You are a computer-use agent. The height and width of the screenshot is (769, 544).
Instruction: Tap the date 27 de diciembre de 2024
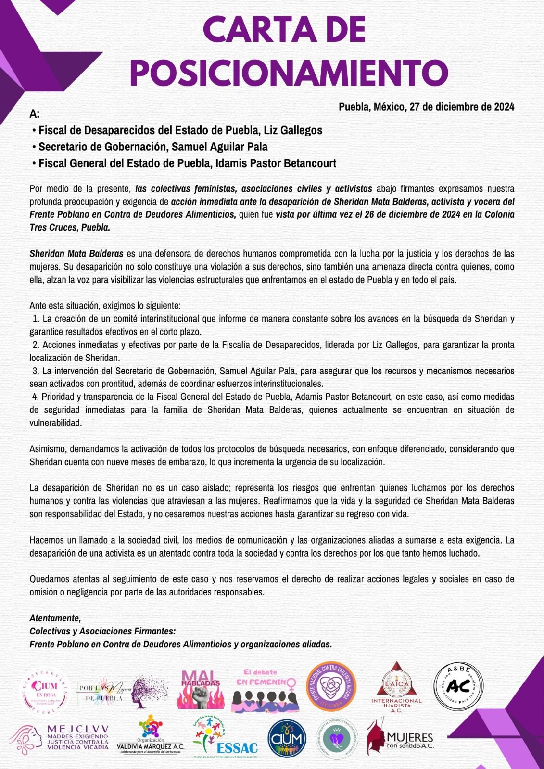[462, 107]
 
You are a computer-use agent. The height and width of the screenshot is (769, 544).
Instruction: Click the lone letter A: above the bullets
[34, 114]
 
